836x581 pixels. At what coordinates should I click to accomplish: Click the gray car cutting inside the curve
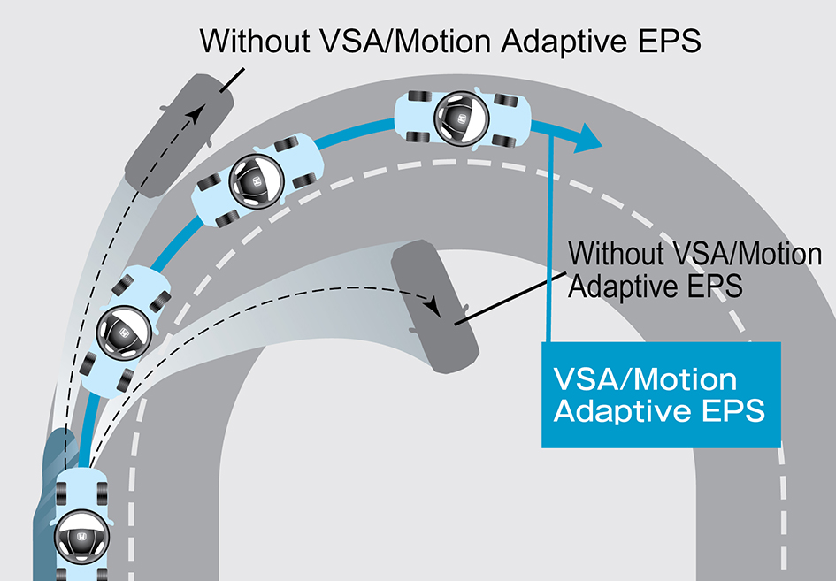click(433, 309)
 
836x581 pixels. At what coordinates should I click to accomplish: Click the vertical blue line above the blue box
click(550, 239)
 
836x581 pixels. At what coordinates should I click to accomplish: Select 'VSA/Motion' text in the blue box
click(644, 380)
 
